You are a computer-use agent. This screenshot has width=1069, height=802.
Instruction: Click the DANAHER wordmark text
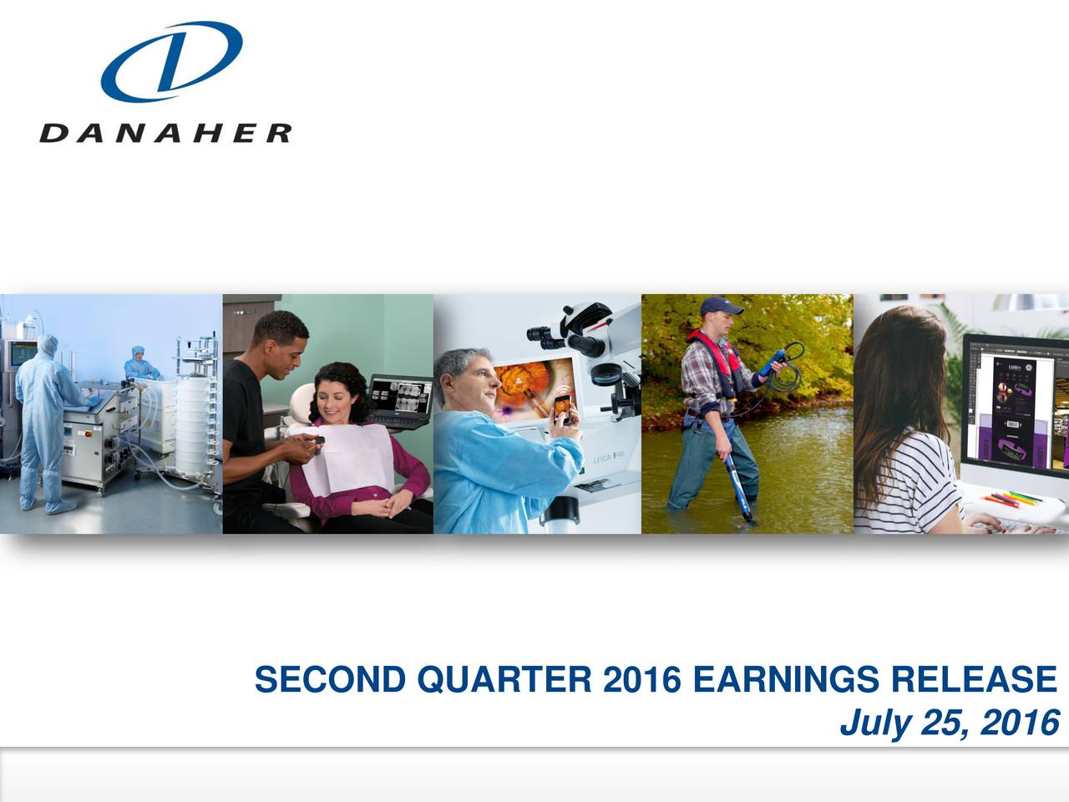(x=165, y=134)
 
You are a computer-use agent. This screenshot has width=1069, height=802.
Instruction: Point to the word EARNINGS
(x=787, y=680)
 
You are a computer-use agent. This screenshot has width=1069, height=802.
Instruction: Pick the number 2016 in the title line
(x=641, y=680)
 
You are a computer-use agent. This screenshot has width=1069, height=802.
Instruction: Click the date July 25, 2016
(x=949, y=723)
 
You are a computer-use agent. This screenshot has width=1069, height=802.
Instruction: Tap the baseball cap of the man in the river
(x=722, y=307)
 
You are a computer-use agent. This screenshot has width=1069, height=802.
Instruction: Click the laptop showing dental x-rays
(x=401, y=401)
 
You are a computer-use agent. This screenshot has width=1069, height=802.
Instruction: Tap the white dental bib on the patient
(x=342, y=455)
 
